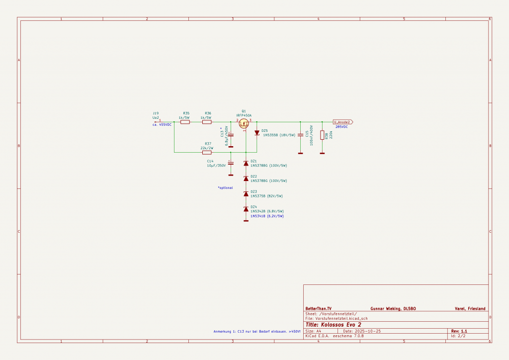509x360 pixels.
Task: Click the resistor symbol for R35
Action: click(185, 122)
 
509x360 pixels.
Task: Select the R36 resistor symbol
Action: click(207, 122)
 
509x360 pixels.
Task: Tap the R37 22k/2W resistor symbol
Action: click(207, 152)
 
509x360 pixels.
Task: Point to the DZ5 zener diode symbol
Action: click(257, 132)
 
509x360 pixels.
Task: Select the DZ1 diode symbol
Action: click(246, 163)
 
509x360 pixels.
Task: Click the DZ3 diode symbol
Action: click(246, 193)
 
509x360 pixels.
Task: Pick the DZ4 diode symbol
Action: click(246, 209)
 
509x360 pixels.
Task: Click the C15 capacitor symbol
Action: click(300, 135)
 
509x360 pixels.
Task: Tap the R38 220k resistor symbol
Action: click(322, 135)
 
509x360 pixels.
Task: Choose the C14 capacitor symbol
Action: click(230, 163)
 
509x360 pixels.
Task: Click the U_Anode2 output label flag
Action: click(342, 122)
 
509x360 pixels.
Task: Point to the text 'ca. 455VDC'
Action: click(162, 125)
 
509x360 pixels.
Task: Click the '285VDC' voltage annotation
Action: click(342, 127)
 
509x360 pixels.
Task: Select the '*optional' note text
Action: click(225, 187)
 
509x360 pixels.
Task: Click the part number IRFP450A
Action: click(244, 115)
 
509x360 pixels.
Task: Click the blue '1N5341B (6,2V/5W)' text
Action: click(267, 216)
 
